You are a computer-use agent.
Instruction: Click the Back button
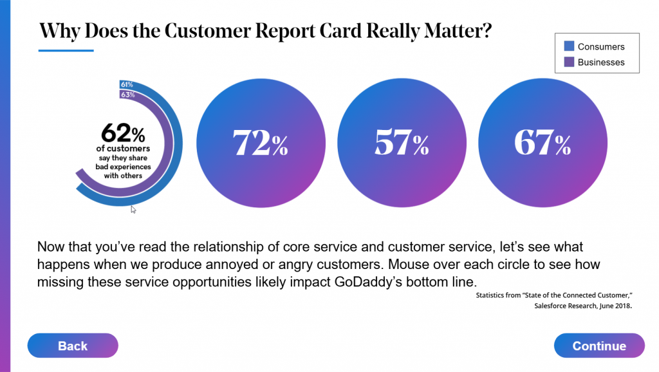(73, 346)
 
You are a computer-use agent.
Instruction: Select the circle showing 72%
(261, 144)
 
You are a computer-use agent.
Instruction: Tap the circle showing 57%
(402, 144)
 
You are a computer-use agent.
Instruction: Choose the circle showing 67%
(543, 144)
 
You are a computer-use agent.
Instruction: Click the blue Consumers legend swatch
(569, 46)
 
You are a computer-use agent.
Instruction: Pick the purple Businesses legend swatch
(569, 62)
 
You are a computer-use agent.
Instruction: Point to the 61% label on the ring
(126, 85)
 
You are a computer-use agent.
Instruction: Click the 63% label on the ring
(126, 95)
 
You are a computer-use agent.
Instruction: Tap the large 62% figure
(123, 135)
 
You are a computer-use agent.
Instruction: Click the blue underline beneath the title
(66, 50)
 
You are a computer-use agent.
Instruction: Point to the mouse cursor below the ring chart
(133, 209)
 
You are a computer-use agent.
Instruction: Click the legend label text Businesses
(601, 62)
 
